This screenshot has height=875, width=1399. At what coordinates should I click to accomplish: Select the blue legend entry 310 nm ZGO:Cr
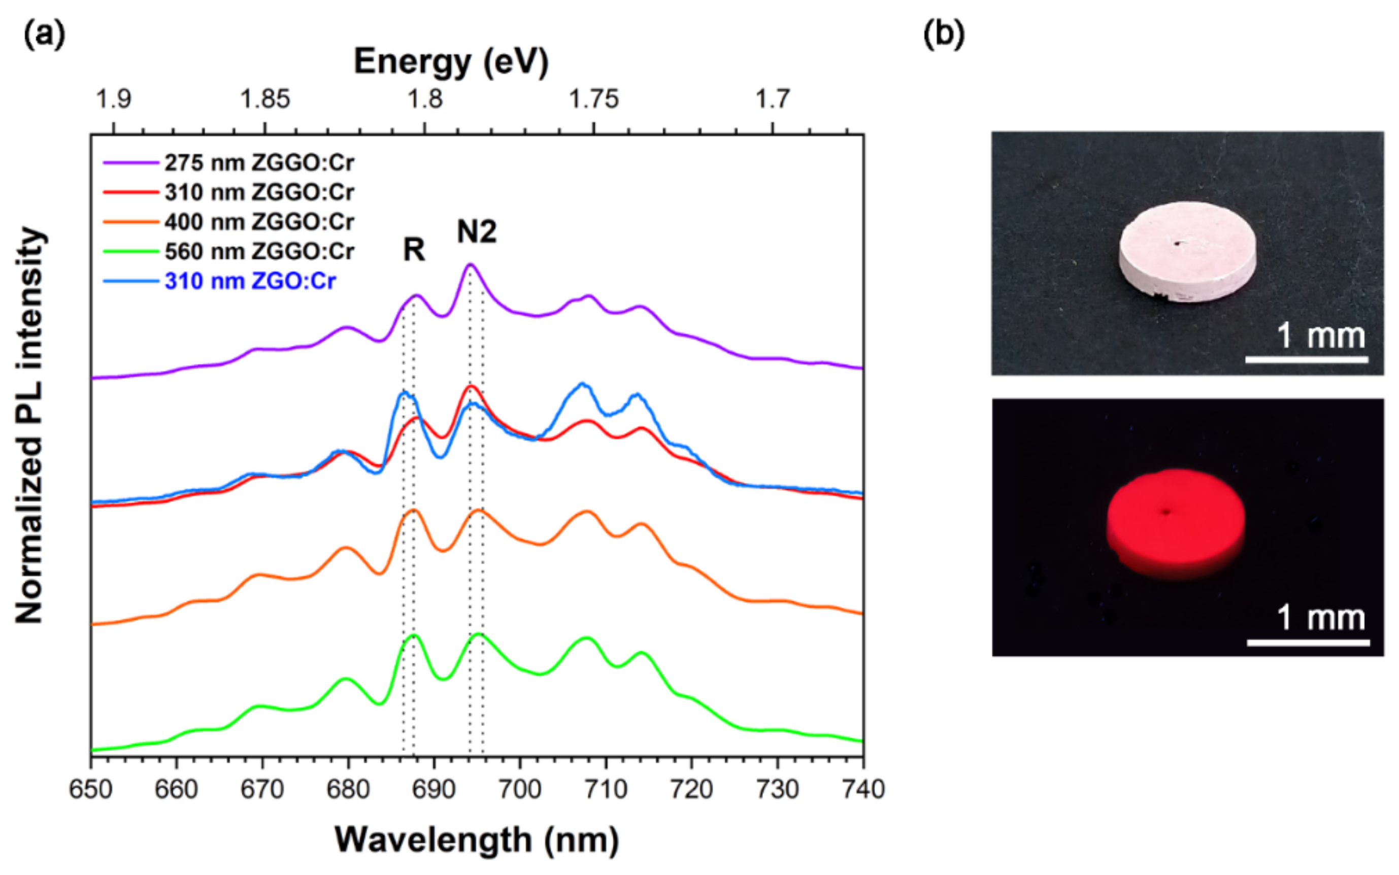click(x=250, y=281)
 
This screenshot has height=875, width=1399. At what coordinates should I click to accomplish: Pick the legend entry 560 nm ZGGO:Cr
click(x=259, y=252)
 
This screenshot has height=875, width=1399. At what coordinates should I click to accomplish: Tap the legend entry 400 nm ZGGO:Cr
click(x=259, y=222)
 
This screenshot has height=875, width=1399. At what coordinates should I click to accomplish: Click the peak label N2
click(x=476, y=232)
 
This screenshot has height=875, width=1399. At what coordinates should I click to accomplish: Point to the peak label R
click(x=414, y=251)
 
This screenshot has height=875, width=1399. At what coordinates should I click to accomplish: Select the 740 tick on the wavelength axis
click(x=862, y=789)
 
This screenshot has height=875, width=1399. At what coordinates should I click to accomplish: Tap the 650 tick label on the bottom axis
click(x=91, y=789)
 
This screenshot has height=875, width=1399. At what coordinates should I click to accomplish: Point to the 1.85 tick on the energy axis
click(x=264, y=99)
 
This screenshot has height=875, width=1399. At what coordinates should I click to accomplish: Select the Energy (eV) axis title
click(x=451, y=61)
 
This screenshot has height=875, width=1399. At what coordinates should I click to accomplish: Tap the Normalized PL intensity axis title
click(x=30, y=425)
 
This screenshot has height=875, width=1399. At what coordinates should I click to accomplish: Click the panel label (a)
click(x=44, y=35)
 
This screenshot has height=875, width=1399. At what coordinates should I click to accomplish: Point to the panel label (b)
click(x=944, y=35)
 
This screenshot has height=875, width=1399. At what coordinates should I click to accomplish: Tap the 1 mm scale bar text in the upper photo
click(x=1320, y=336)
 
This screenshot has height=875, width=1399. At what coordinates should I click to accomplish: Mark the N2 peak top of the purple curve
click(x=471, y=265)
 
